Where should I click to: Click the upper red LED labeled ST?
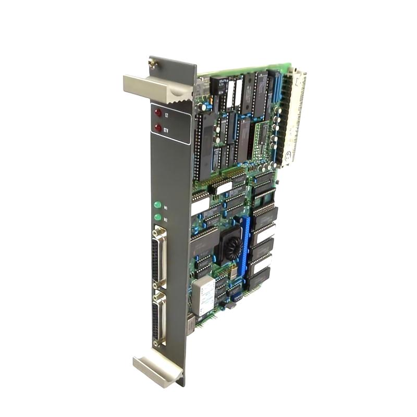pyautogui.click(x=158, y=112)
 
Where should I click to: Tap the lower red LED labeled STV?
pyautogui.click(x=158, y=127)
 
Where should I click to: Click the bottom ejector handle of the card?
pyautogui.click(x=156, y=368)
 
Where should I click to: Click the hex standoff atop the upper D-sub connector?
pyautogui.click(x=156, y=229)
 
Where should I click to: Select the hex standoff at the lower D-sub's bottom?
pyautogui.click(x=156, y=345)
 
